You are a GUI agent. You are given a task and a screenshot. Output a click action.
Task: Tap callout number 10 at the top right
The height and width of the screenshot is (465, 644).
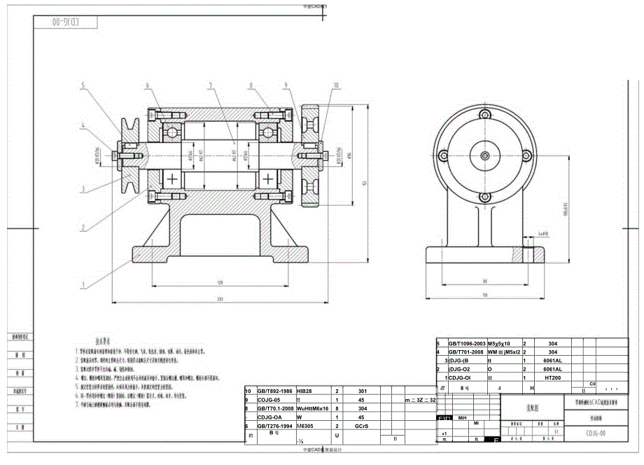(336, 85)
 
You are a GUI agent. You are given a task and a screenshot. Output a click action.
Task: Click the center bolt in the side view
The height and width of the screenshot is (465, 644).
(484, 155)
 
